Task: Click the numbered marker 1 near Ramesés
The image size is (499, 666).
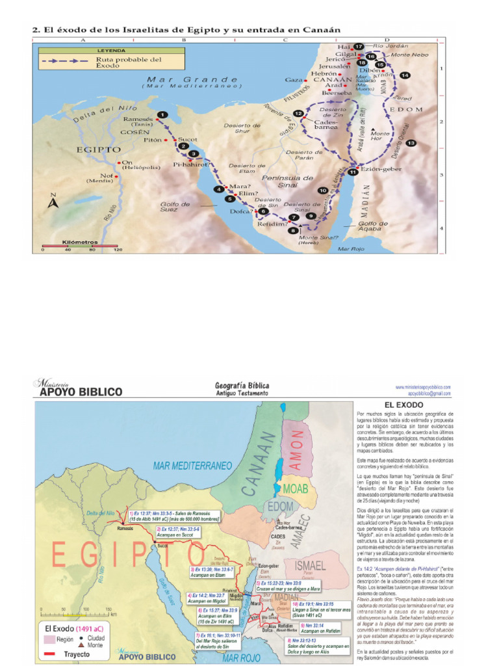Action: [x=161, y=114]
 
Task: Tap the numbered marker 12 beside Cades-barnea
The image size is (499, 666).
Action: [x=298, y=114]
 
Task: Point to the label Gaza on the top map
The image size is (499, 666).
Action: [x=294, y=80]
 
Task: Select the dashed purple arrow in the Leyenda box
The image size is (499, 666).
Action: [x=65, y=60]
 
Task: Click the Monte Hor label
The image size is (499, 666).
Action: [x=380, y=136]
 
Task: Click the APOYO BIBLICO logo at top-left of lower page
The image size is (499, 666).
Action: [x=78, y=389]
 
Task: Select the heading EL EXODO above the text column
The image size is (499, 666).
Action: [x=405, y=405]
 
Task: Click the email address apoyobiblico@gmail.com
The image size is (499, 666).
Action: [x=429, y=394]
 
